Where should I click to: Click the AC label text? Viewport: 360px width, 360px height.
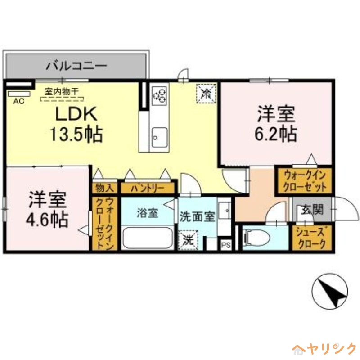tap(18, 102)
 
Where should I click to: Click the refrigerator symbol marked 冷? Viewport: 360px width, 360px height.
tap(207, 94)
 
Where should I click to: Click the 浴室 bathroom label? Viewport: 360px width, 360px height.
tap(148, 213)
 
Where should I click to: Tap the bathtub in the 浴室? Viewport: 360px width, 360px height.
tap(148, 237)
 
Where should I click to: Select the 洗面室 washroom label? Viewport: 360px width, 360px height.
tap(197, 217)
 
